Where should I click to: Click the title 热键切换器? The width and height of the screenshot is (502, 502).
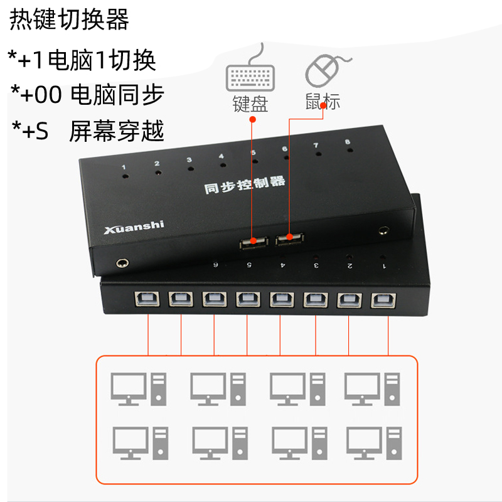[69, 19]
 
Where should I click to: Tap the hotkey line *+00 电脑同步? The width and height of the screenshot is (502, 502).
[87, 95]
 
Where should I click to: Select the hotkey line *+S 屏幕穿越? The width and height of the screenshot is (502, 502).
[88, 131]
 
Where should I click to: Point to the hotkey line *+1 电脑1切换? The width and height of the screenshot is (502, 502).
[82, 60]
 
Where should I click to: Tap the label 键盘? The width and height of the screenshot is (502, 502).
[250, 104]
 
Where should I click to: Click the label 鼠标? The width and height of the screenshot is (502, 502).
[323, 101]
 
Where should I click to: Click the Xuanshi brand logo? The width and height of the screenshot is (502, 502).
[134, 227]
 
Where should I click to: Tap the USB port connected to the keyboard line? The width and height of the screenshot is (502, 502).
[254, 243]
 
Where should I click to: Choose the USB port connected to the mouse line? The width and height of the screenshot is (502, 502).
[290, 239]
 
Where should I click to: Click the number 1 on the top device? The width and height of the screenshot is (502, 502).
[124, 167]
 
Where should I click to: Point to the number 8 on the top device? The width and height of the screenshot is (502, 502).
[348, 142]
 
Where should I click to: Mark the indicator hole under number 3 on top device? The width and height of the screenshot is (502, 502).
[191, 168]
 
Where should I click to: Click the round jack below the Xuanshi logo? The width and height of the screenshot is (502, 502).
[122, 263]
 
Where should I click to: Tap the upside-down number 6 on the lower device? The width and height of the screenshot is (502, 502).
[215, 265]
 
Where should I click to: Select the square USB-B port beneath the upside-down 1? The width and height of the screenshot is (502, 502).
[383, 301]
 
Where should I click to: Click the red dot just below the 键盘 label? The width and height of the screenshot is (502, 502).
[253, 119]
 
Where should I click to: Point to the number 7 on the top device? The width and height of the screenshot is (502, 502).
[316, 146]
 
